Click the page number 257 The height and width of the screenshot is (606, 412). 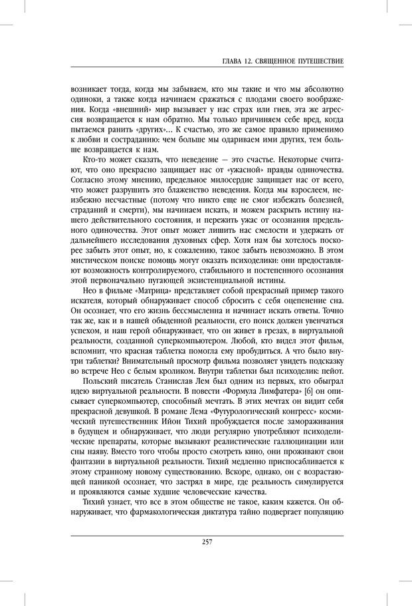[x=206, y=542]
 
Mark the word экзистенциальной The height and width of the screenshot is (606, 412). [x=209, y=279]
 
